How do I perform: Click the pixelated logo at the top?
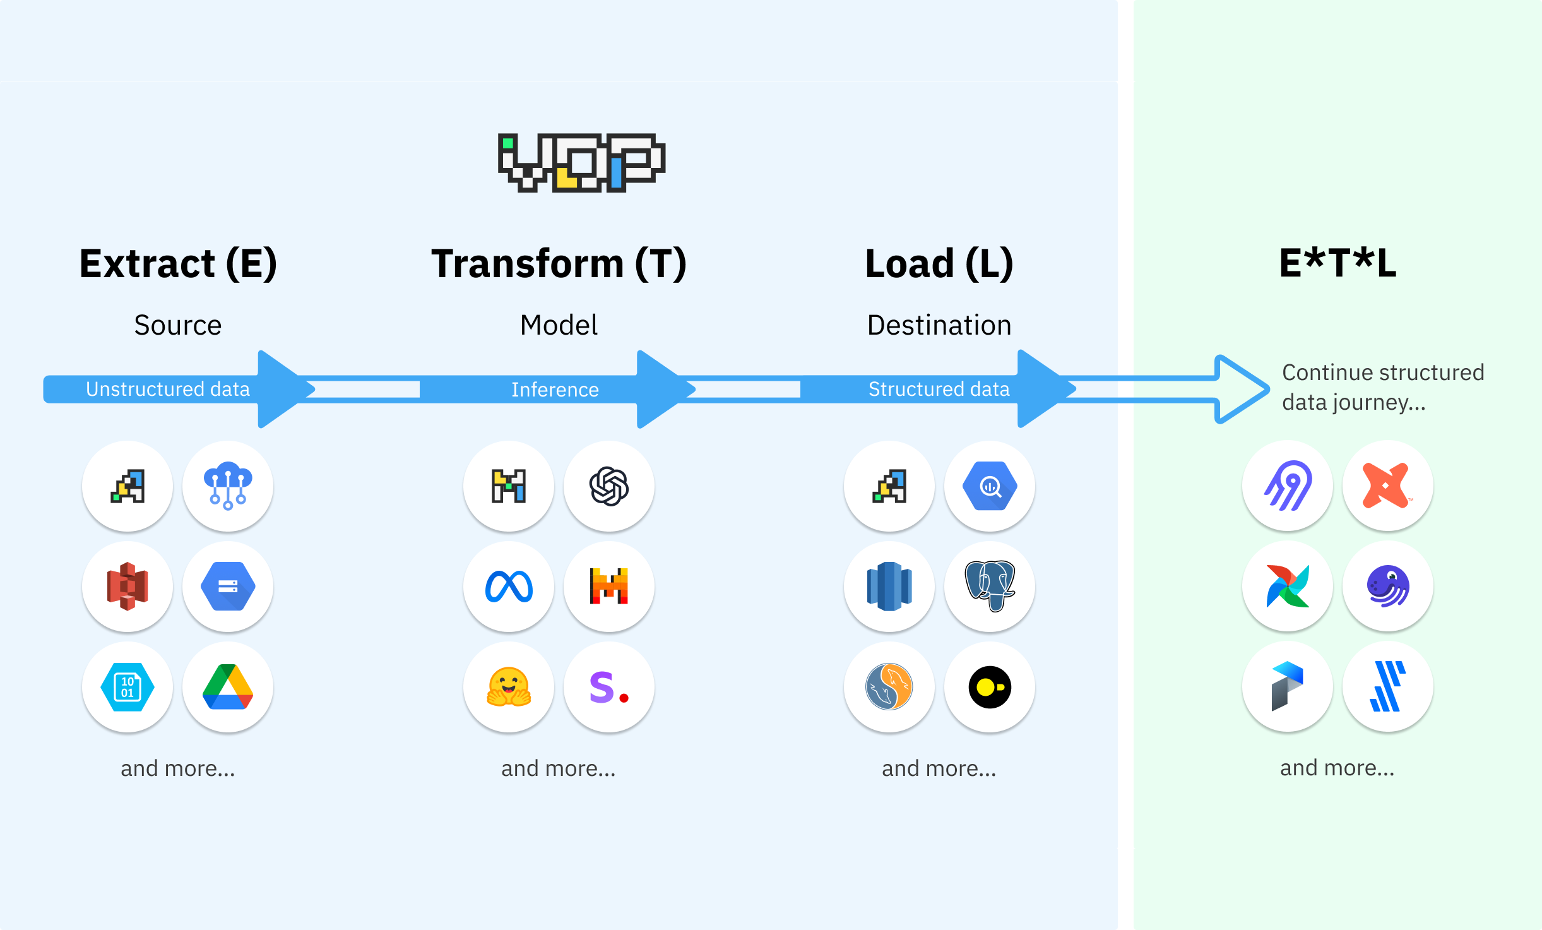point(581,162)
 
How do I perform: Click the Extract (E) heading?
point(178,263)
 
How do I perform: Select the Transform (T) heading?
point(559,263)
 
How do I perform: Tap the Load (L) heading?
point(939,263)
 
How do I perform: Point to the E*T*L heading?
point(1337,263)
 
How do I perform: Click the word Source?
point(178,325)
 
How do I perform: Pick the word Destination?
point(939,325)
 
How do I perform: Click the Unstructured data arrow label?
point(168,389)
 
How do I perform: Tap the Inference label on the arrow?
point(555,390)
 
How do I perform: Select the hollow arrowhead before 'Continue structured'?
point(1241,389)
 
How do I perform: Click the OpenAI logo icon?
point(609,486)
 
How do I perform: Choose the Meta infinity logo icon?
point(509,587)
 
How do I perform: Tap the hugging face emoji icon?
point(509,687)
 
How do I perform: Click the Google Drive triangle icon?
point(228,687)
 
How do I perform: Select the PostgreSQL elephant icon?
point(990,587)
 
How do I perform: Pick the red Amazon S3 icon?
point(128,587)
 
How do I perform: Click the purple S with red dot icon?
point(609,687)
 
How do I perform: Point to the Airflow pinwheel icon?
point(1288,587)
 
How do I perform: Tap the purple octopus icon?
point(1388,587)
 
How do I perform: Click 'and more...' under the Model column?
point(559,768)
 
